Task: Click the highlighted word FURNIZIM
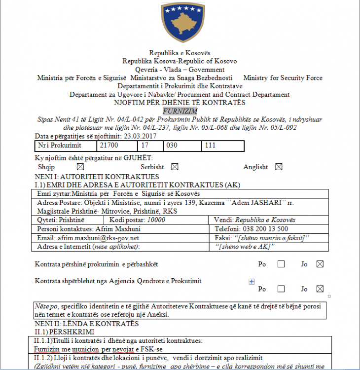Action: pyautogui.click(x=180, y=111)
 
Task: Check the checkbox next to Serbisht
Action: pyautogui.click(x=175, y=167)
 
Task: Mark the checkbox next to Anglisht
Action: pyautogui.click(x=279, y=167)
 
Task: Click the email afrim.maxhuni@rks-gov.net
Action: pyautogui.click(x=99, y=238)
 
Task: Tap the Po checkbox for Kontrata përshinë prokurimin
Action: pyautogui.click(x=281, y=264)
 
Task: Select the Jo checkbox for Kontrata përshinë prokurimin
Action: pyautogui.click(x=320, y=264)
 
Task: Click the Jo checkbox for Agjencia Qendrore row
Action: pyautogui.click(x=320, y=289)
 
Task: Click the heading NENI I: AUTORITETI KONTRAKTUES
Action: pyautogui.click(x=97, y=177)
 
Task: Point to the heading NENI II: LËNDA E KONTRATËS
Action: pyautogui.click(x=87, y=324)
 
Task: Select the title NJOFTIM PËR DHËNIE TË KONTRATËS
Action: pyautogui.click(x=180, y=103)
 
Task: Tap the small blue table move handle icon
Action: pyautogui.click(x=252, y=281)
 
